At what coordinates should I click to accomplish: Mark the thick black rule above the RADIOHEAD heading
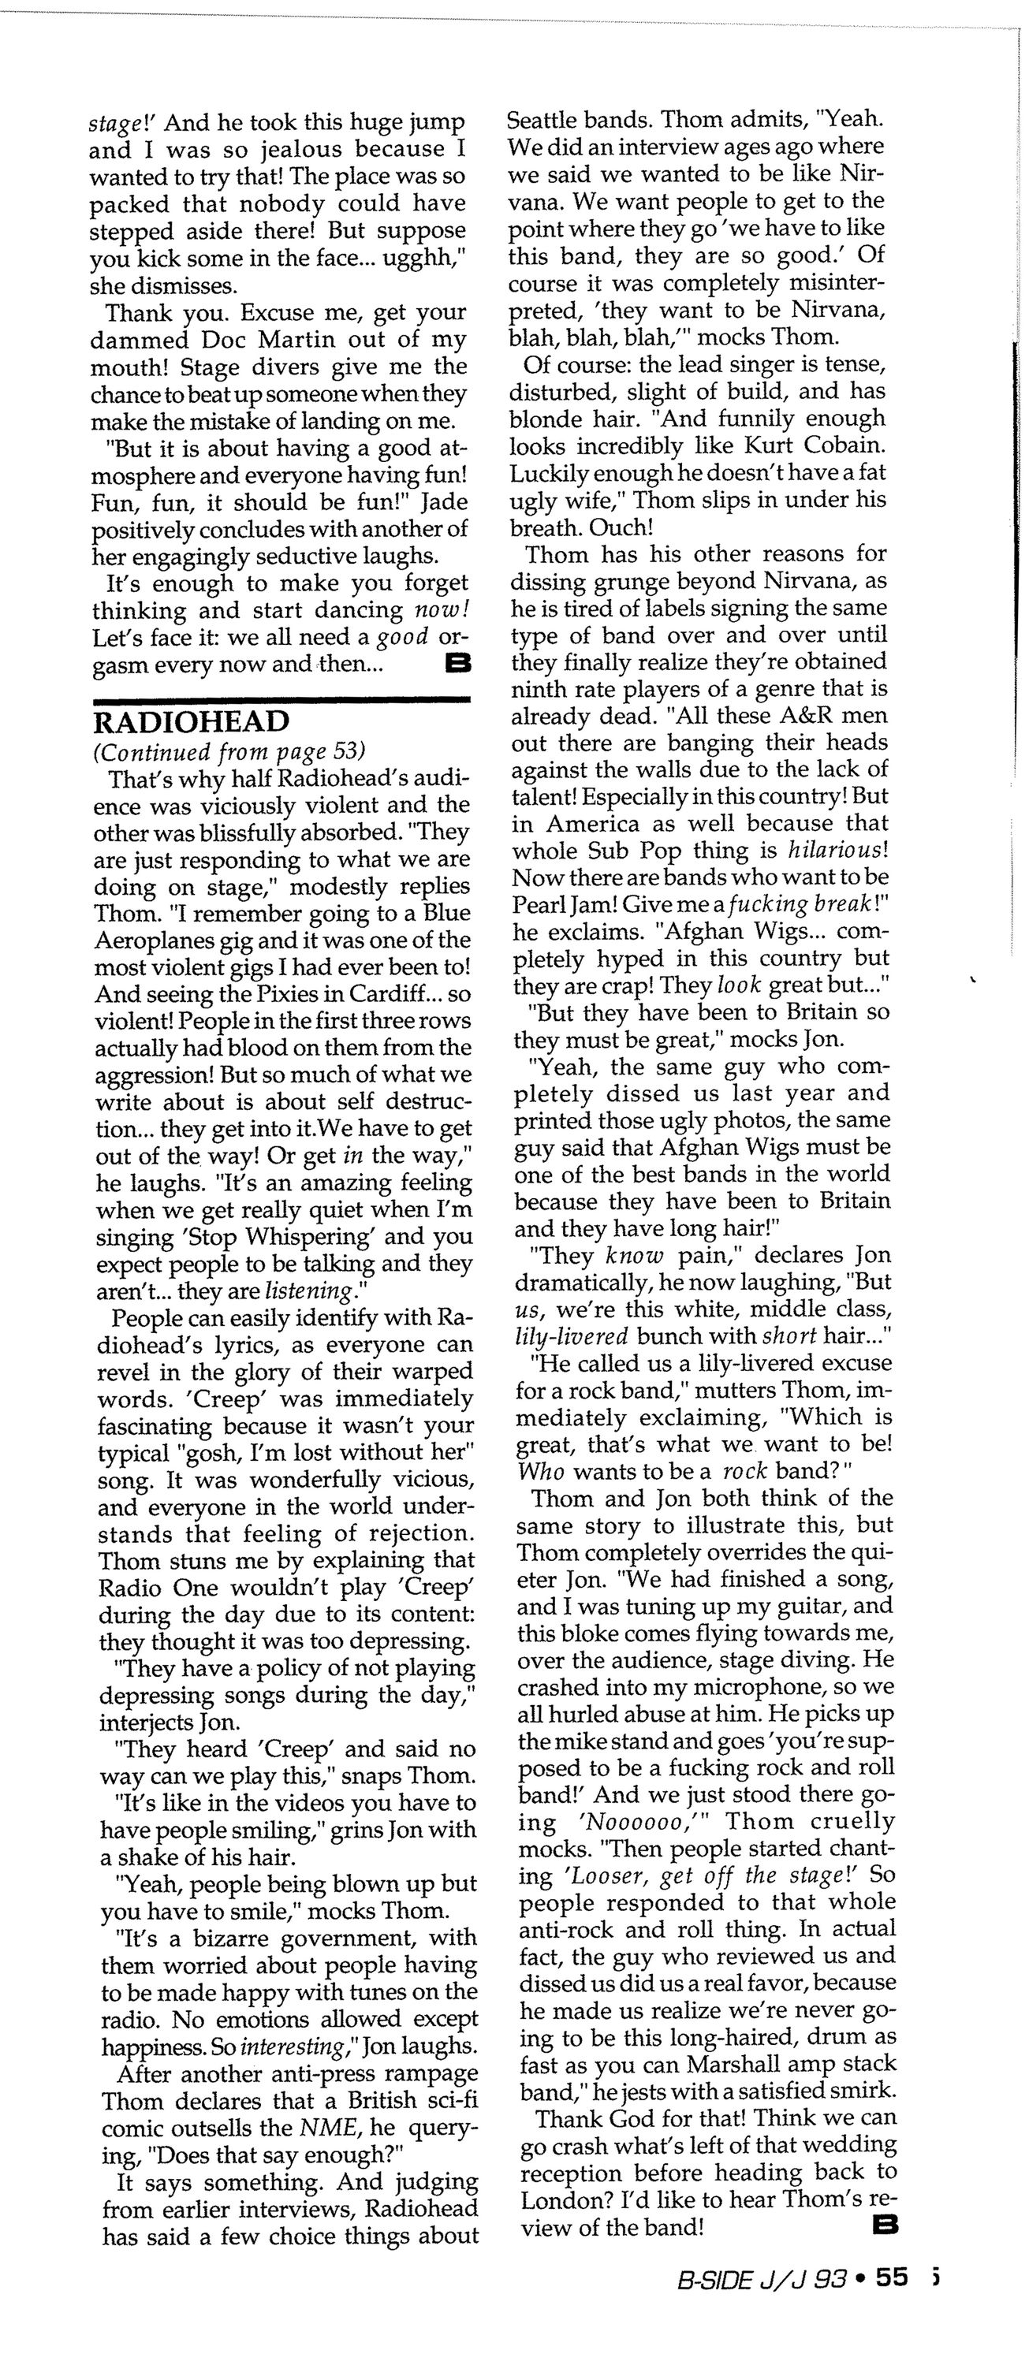(x=281, y=701)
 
